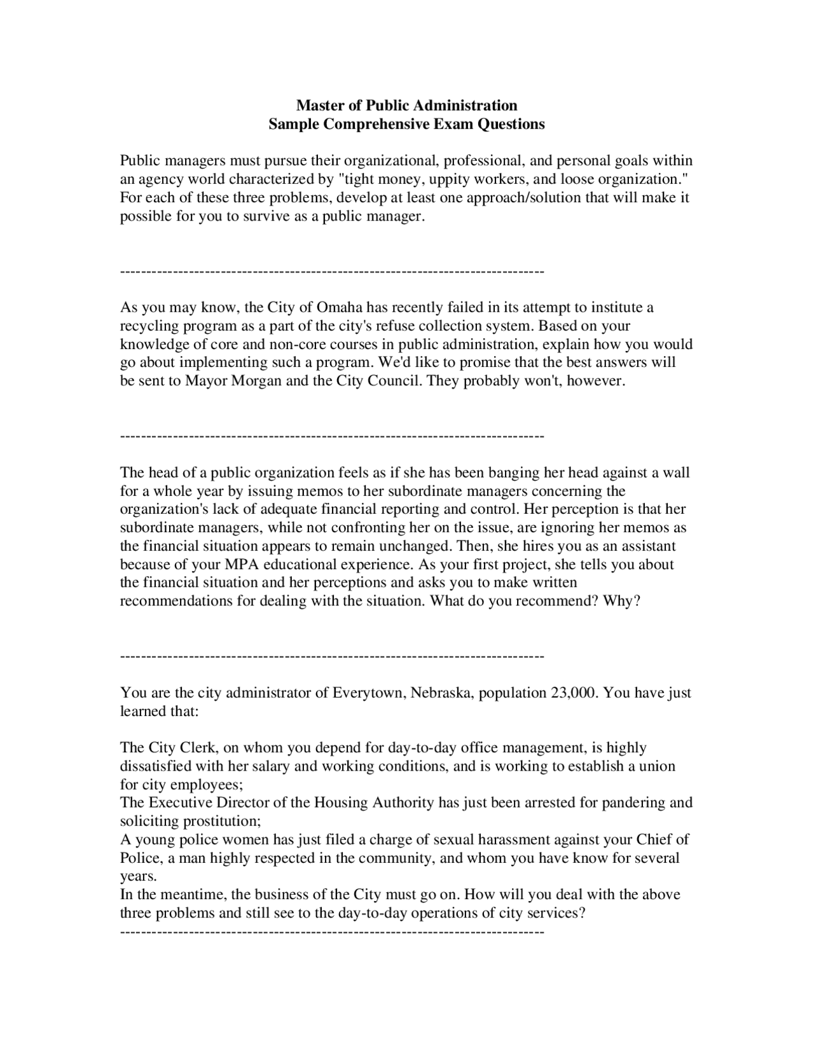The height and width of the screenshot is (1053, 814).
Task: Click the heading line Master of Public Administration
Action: (406, 105)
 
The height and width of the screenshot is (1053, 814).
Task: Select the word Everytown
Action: (369, 692)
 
